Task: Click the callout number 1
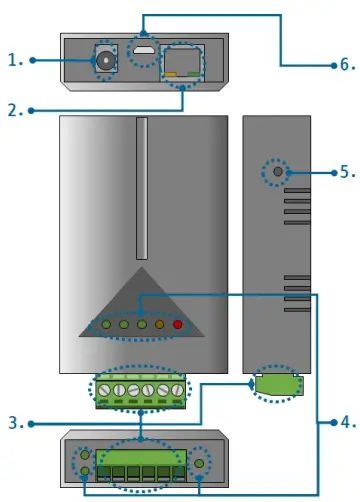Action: pos(14,60)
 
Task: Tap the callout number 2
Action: pos(14,110)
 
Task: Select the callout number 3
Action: pos(14,422)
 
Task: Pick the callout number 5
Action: pos(346,172)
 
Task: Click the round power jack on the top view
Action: pos(102,62)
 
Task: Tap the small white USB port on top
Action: pos(145,50)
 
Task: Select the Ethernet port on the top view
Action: pos(181,61)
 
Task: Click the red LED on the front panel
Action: pos(178,324)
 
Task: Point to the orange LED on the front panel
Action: pos(160,324)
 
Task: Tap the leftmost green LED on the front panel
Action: pos(106,324)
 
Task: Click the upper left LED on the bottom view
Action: pos(86,454)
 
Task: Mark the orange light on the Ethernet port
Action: pos(171,74)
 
